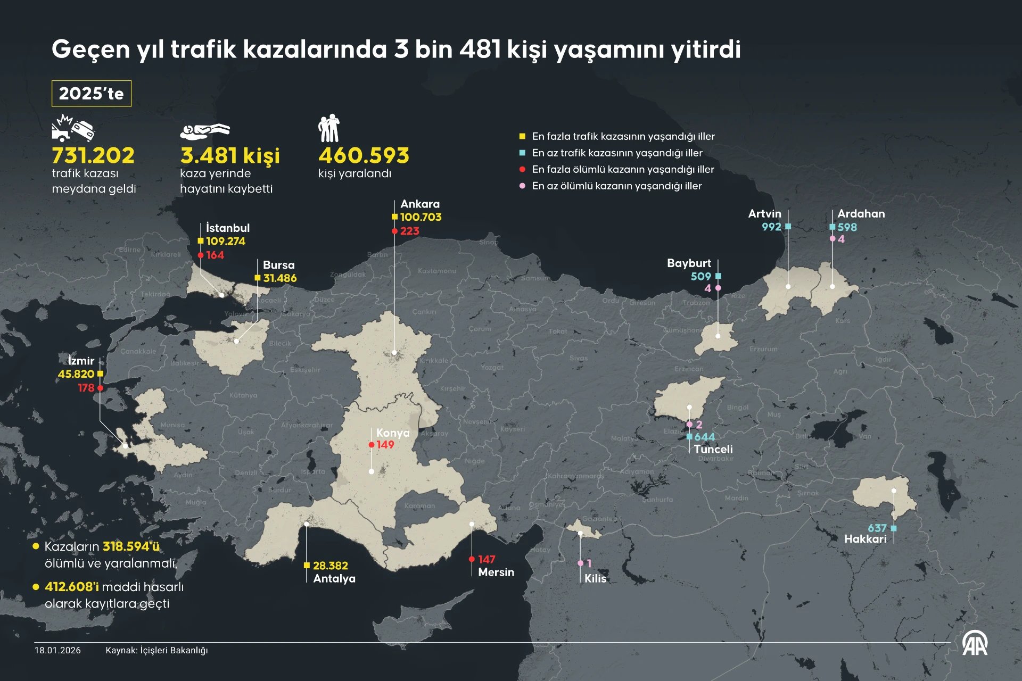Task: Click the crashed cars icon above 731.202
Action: pyautogui.click(x=73, y=128)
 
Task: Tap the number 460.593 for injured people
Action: pyautogui.click(x=364, y=155)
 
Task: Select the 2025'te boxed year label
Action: pyautogui.click(x=91, y=94)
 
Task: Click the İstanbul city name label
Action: pyautogui.click(x=227, y=228)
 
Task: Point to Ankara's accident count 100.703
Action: pyautogui.click(x=421, y=217)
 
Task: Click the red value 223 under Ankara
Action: pyautogui.click(x=409, y=231)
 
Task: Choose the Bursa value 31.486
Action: pyautogui.click(x=279, y=278)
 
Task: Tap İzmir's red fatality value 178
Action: pyautogui.click(x=86, y=388)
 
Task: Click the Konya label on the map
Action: pyautogui.click(x=393, y=433)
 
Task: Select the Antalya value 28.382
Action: pyautogui.click(x=330, y=566)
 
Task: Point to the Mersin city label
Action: pyautogui.click(x=496, y=572)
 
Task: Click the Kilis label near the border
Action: pyautogui.click(x=595, y=578)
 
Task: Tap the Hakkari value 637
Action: pyautogui.click(x=877, y=528)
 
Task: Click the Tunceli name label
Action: pyautogui.click(x=713, y=449)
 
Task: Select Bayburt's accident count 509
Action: pyautogui.click(x=700, y=276)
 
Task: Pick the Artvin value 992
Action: pyautogui.click(x=771, y=227)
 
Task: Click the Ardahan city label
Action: pyautogui.click(x=861, y=213)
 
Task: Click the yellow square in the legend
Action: pyautogui.click(x=522, y=136)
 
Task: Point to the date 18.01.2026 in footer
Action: pyautogui.click(x=57, y=650)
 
